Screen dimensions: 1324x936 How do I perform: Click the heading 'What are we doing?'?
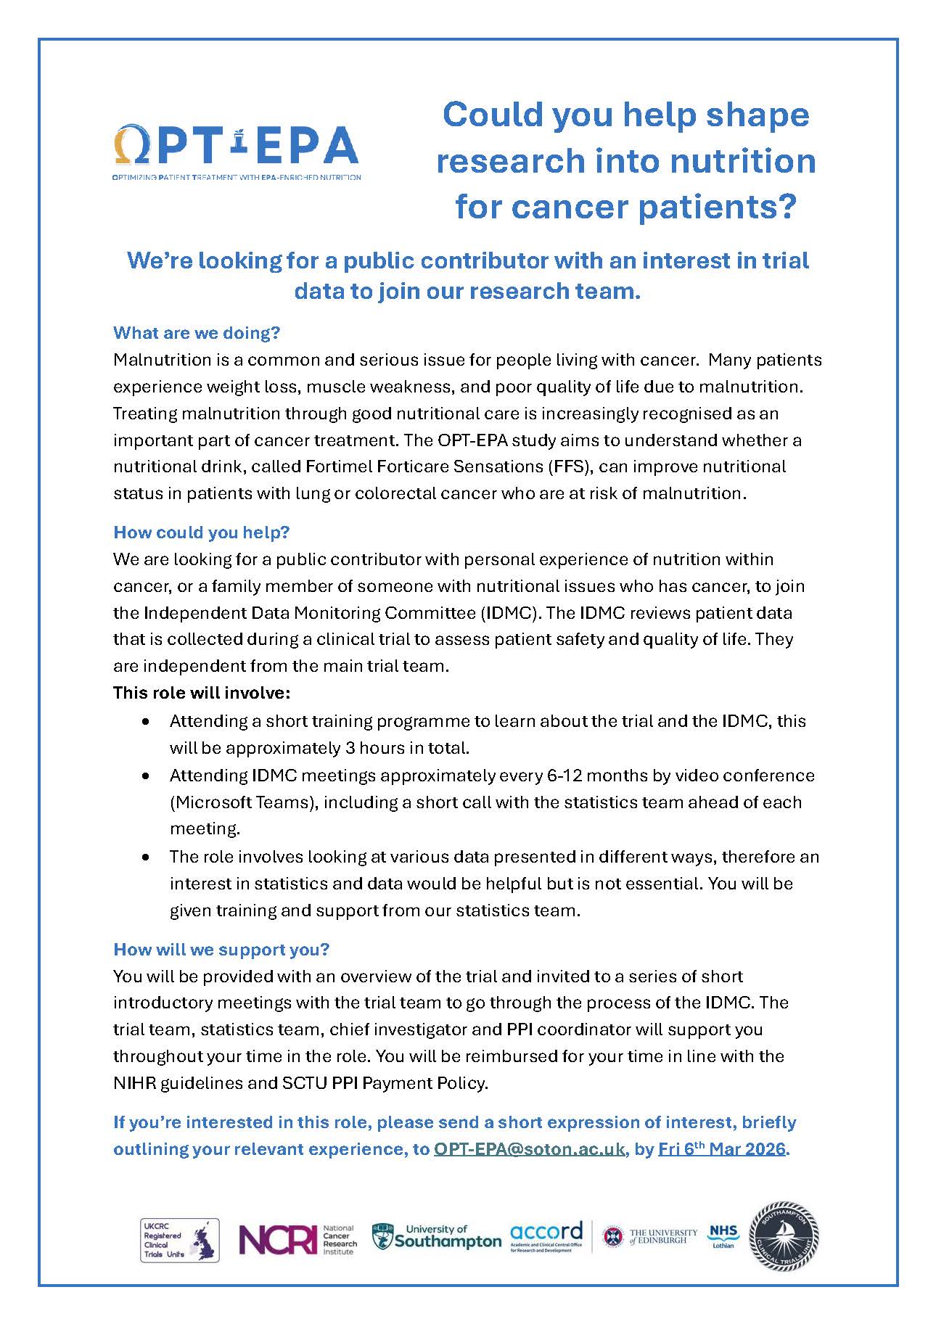[196, 333]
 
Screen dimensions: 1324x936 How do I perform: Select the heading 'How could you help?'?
[201, 533]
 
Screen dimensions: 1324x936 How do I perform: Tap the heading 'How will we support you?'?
[221, 949]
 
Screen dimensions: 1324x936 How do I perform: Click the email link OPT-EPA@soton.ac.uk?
[529, 1149]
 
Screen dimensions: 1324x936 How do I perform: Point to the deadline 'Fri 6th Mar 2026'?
[721, 1149]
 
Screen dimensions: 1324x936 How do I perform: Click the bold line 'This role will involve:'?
[201, 693]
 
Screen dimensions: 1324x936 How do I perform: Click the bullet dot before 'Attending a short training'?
[147, 722]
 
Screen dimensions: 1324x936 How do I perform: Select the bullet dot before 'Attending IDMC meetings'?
[147, 776]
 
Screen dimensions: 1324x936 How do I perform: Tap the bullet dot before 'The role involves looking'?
[147, 858]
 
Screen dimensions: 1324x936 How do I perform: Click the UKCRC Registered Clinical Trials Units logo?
[179, 1240]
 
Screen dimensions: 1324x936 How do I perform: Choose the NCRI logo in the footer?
[297, 1240]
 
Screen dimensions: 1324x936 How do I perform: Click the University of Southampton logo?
[436, 1237]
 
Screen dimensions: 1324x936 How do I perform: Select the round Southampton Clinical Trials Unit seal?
[784, 1237]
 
